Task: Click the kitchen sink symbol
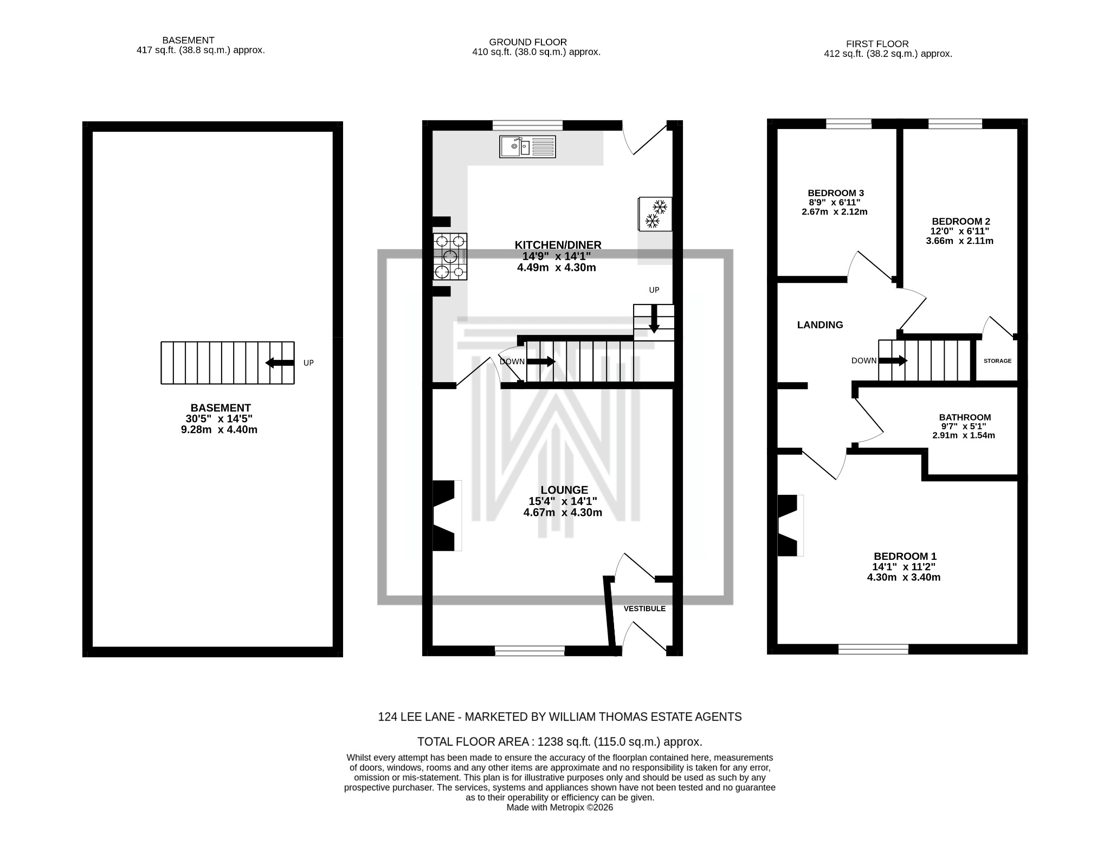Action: pyautogui.click(x=527, y=147)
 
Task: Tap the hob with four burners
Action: pyautogui.click(x=450, y=256)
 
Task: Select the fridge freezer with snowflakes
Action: pyautogui.click(x=655, y=214)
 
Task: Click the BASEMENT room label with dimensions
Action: pyautogui.click(x=220, y=418)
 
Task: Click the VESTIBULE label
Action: pyautogui.click(x=644, y=609)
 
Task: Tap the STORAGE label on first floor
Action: pyautogui.click(x=997, y=361)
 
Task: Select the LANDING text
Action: pyautogui.click(x=820, y=325)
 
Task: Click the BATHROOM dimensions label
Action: pyautogui.click(x=964, y=426)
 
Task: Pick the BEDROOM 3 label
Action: pyautogui.click(x=835, y=202)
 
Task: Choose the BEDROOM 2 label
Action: pyautogui.click(x=960, y=231)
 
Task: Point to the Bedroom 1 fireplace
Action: pyautogui.click(x=789, y=525)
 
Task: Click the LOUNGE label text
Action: pyautogui.click(x=564, y=490)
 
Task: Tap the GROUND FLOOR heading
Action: pyautogui.click(x=528, y=42)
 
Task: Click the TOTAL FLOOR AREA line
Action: pyautogui.click(x=559, y=741)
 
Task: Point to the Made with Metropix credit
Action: pyautogui.click(x=559, y=823)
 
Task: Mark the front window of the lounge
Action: pyautogui.click(x=530, y=651)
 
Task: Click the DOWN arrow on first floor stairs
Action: pyautogui.click(x=893, y=360)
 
